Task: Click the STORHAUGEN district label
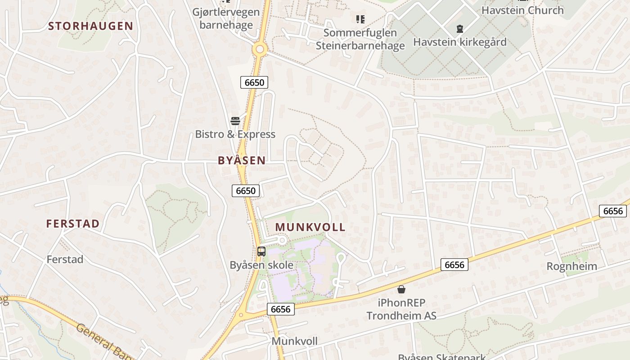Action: [x=90, y=26]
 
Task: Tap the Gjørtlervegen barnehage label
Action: [x=226, y=18]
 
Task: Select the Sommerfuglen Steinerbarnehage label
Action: [x=360, y=39]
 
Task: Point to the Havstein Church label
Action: [x=522, y=10]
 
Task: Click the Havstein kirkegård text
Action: [x=460, y=42]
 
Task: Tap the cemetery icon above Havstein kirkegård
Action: [x=459, y=29]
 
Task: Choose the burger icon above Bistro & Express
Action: [x=235, y=121]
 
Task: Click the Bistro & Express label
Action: [x=235, y=134]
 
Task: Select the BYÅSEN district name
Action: [x=242, y=160]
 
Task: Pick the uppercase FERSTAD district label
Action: [x=73, y=224]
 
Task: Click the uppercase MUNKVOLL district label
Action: [x=310, y=227]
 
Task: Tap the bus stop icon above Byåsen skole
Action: [x=261, y=252]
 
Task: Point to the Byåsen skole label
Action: [x=261, y=265]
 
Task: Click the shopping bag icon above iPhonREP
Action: [x=401, y=289]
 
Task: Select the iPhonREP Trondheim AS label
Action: [x=401, y=309]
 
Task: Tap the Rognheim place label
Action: [x=572, y=266]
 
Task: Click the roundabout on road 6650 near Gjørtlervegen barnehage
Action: [x=260, y=49]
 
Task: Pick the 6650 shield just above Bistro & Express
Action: [x=254, y=82]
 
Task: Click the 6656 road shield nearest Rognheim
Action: [x=613, y=211]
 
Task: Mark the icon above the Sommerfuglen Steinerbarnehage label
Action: [x=360, y=19]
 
